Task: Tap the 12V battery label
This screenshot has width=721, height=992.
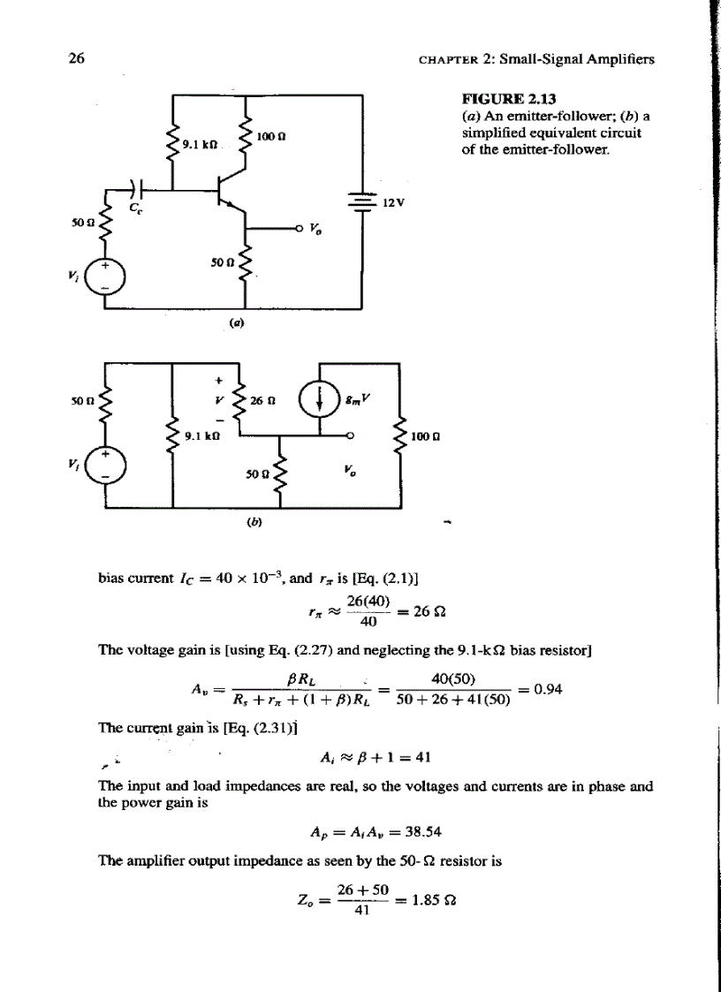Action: [394, 201]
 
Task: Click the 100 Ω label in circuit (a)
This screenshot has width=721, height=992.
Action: [269, 137]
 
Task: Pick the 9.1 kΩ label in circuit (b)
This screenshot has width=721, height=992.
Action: [202, 435]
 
